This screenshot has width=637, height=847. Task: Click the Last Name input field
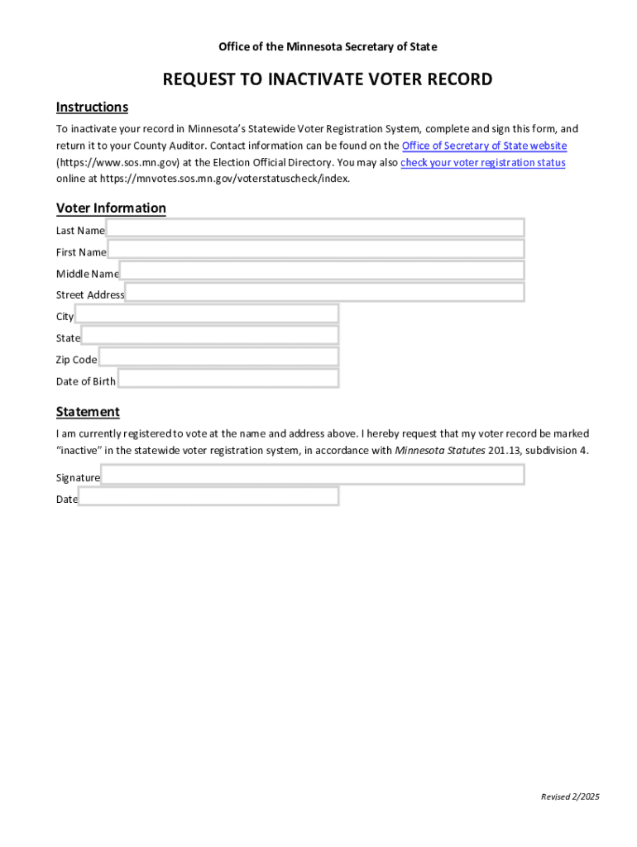314,228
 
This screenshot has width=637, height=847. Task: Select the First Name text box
315,250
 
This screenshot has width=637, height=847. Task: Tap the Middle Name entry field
321,271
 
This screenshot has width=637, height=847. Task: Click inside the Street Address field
324,293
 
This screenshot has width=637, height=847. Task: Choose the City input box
206,314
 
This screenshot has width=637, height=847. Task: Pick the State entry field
209,336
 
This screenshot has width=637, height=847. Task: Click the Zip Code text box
218,357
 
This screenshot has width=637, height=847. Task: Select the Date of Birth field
227,379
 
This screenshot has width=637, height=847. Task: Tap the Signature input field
312,475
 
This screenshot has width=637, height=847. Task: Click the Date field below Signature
208,496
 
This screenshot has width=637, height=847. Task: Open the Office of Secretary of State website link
484,146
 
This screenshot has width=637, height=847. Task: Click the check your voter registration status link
483,162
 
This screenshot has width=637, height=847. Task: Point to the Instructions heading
92,107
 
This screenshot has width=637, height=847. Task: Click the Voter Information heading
111,208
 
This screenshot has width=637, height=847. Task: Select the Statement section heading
88,411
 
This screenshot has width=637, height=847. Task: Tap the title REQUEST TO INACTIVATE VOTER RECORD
328,79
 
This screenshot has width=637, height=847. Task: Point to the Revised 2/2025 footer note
570,797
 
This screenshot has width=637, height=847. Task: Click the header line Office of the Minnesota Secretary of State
328,46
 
